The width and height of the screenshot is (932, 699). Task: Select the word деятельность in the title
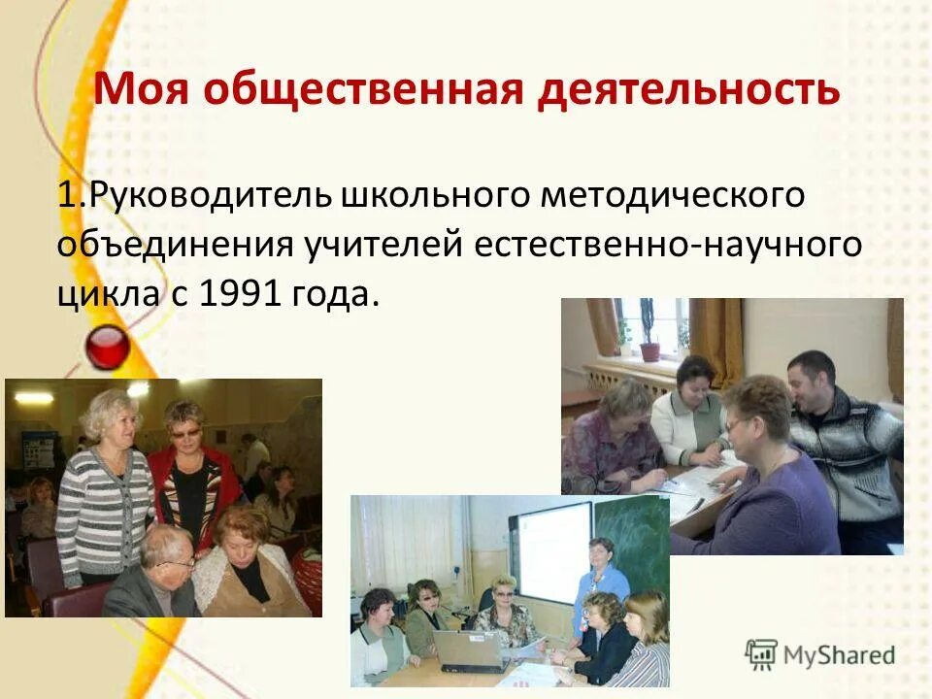point(689,89)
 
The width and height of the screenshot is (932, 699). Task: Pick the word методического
point(673,193)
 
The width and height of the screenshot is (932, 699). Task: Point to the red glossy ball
point(108,347)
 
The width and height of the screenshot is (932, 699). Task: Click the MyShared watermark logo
point(819,655)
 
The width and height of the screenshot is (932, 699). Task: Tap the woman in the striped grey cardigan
point(103,485)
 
